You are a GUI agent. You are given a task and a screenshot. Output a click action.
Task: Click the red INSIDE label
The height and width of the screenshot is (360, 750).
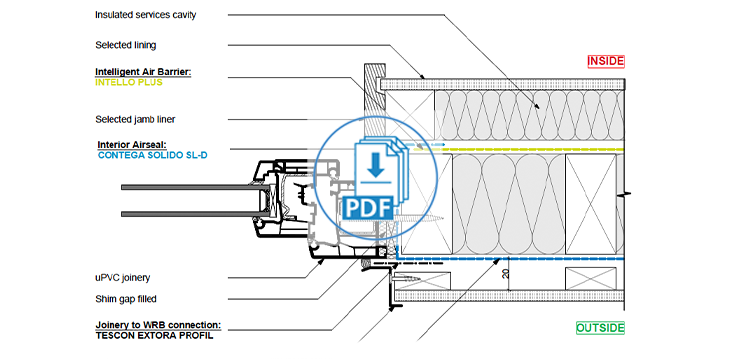point(606,61)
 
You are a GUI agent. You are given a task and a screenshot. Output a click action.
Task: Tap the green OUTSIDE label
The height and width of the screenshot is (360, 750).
point(600,328)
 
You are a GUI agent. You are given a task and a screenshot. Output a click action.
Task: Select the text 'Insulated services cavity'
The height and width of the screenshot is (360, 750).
point(145,15)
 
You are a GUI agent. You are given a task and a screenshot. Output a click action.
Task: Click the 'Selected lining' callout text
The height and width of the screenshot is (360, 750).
point(126,45)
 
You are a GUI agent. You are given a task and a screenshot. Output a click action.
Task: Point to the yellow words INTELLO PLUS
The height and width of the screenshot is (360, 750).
point(129,82)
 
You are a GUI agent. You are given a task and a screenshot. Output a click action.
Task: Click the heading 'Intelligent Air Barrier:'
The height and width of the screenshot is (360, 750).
point(143,72)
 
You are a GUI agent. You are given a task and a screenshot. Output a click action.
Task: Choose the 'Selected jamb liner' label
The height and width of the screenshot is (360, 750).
point(135,120)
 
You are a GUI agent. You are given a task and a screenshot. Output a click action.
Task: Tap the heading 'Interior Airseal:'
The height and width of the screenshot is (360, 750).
point(132,144)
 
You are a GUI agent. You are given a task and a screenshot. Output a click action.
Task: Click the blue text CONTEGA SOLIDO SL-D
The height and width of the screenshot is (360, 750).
point(152,155)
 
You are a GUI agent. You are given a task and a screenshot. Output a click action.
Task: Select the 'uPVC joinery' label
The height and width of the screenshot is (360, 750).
point(122,277)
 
